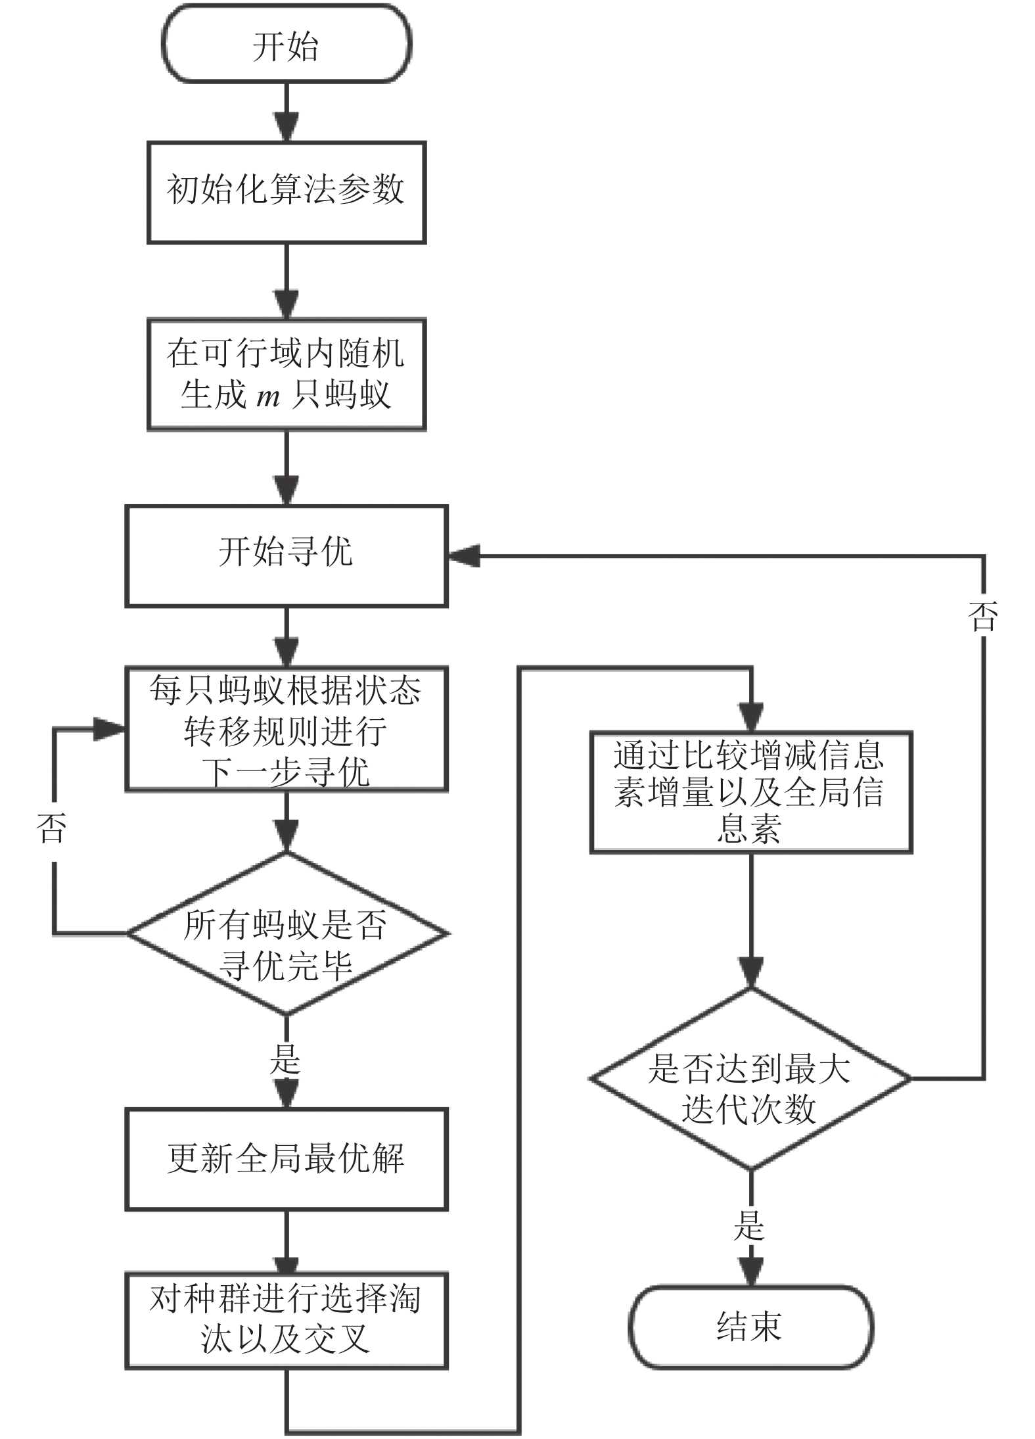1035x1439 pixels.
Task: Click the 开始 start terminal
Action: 287,44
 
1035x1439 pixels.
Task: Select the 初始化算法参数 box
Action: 287,193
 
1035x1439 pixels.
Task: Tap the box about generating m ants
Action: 287,375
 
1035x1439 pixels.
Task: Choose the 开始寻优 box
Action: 287,556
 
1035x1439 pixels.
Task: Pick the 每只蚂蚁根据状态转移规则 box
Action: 287,730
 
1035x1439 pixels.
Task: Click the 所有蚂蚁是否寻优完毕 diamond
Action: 287,933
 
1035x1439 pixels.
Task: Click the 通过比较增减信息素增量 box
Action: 751,791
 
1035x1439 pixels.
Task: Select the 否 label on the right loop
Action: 984,617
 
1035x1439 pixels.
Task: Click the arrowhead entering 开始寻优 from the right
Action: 464,556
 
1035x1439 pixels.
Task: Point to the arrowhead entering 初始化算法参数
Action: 287,127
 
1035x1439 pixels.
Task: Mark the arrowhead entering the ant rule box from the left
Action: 109,729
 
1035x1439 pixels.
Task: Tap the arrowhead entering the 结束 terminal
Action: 751,1271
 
